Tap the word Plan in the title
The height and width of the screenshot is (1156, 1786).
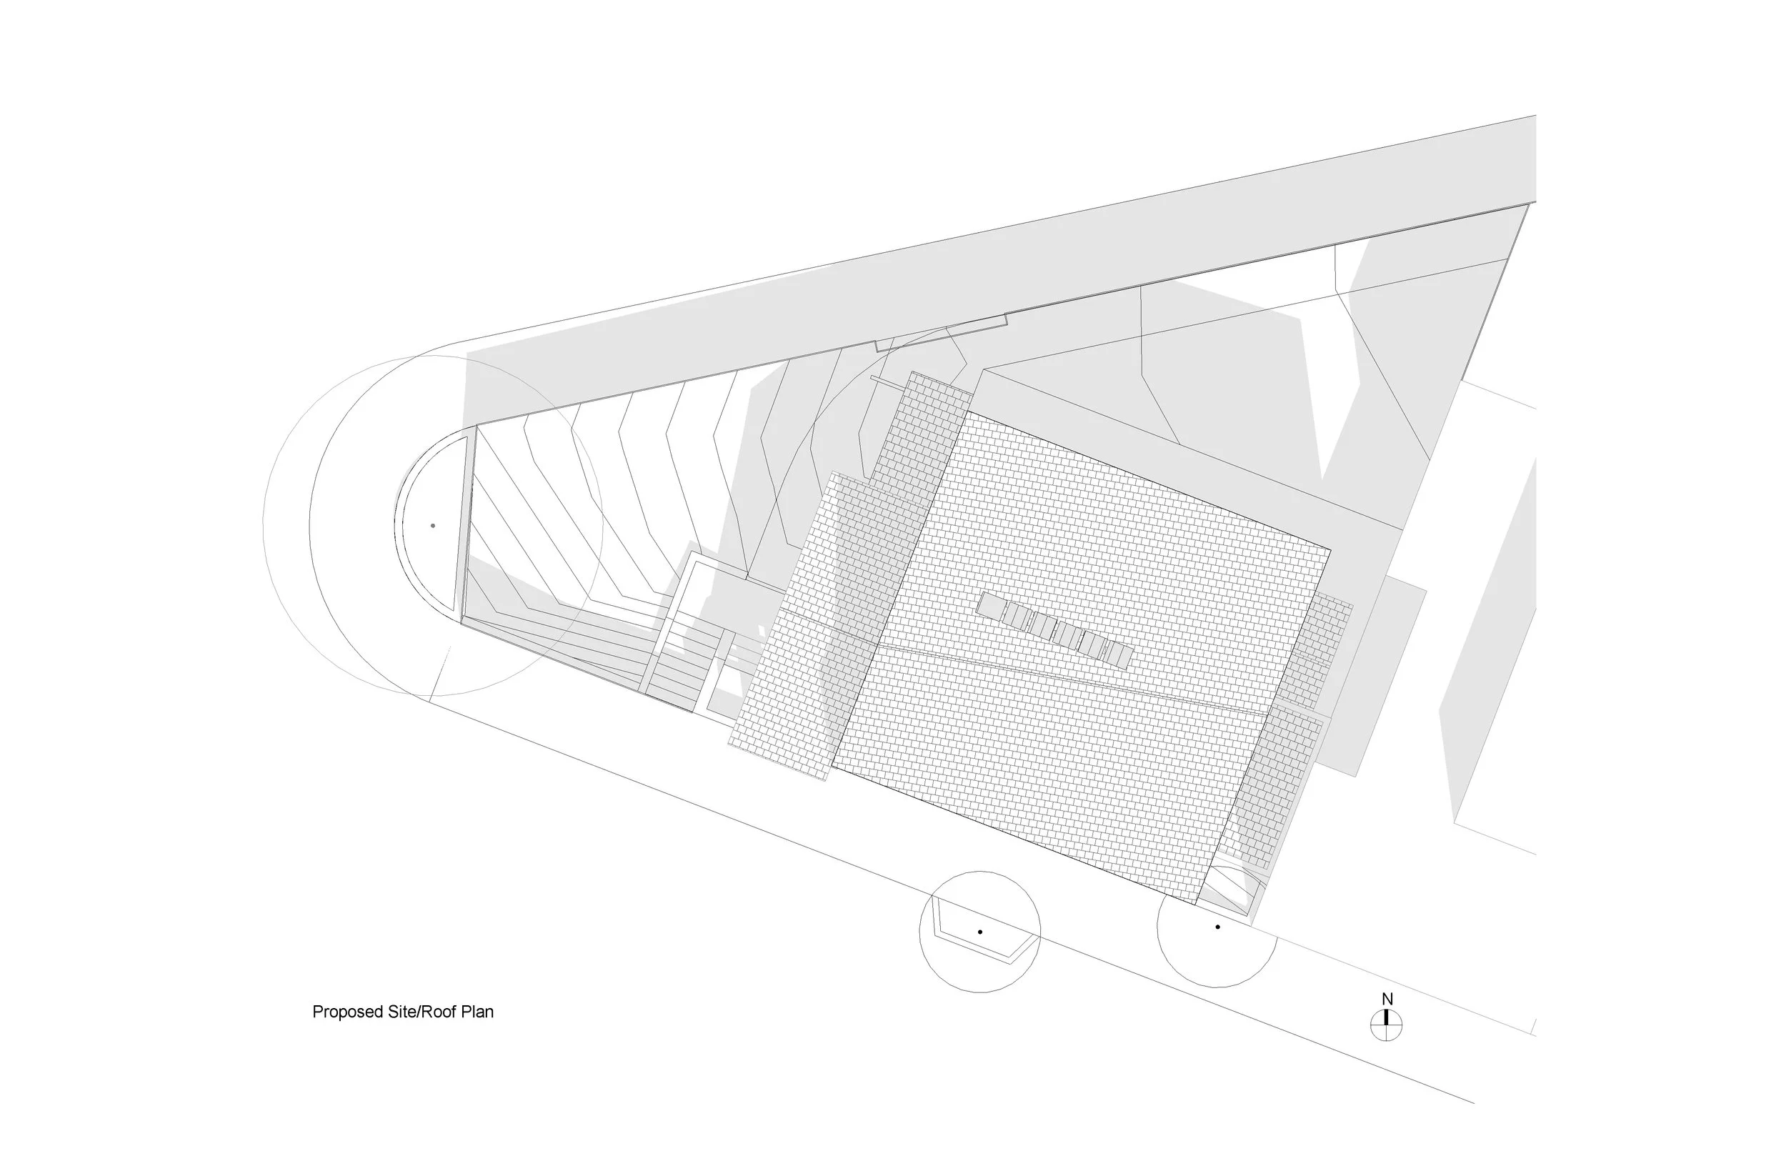pyautogui.click(x=477, y=1012)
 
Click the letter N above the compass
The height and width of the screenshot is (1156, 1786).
pyautogui.click(x=1387, y=999)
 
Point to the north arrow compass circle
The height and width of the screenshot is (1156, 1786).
pyautogui.click(x=1386, y=1025)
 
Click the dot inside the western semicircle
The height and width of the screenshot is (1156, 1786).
pyautogui.click(x=433, y=525)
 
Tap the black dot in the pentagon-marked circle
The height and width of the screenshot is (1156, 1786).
pyautogui.click(x=980, y=932)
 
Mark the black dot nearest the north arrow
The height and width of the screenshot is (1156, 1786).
pyautogui.click(x=1217, y=927)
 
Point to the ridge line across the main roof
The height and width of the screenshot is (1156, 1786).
pyautogui.click(x=1073, y=676)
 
